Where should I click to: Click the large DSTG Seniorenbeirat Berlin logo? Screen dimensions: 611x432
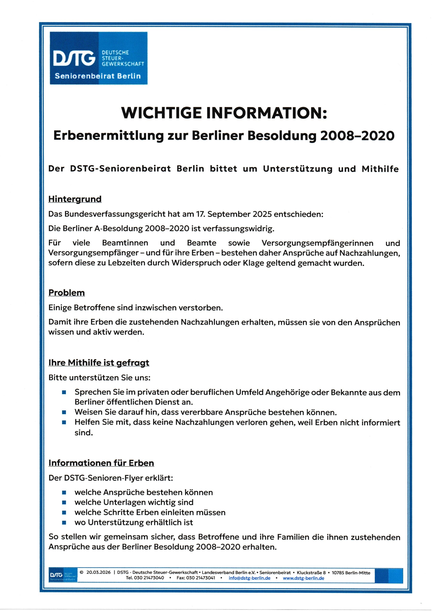pyautogui.click(x=99, y=58)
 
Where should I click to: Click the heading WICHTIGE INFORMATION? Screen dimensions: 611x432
pyautogui.click(x=224, y=113)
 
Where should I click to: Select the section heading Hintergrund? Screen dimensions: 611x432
pyautogui.click(x=75, y=199)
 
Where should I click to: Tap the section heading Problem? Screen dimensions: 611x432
pyautogui.click(x=67, y=293)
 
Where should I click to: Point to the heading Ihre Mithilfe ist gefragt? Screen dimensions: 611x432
pyautogui.click(x=99, y=363)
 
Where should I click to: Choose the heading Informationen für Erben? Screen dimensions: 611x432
pyautogui.click(x=101, y=463)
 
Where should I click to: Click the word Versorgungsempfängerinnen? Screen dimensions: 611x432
pyautogui.click(x=317, y=243)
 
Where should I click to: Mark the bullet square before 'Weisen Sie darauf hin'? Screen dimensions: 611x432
pyautogui.click(x=64, y=412)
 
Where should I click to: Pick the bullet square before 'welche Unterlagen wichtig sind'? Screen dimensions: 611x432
pyautogui.click(x=64, y=502)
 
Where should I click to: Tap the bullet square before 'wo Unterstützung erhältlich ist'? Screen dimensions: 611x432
pyautogui.click(x=64, y=522)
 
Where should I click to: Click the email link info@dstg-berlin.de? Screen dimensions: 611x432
pyautogui.click(x=249, y=578)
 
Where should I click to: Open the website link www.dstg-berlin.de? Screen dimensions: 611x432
pyautogui.click(x=303, y=578)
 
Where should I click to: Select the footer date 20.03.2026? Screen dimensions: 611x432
pyautogui.click(x=98, y=572)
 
